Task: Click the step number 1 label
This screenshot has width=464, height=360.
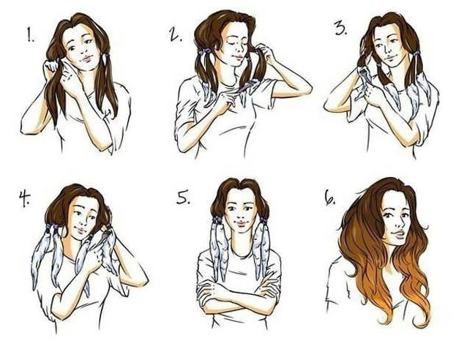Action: [31, 36]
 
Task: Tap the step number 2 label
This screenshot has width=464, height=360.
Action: [175, 35]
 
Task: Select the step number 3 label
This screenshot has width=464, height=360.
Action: [340, 29]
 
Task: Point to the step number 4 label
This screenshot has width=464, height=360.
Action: [24, 198]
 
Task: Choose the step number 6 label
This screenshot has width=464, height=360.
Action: [330, 198]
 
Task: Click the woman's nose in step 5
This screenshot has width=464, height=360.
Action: [240, 215]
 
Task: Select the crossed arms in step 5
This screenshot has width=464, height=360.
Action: [239, 291]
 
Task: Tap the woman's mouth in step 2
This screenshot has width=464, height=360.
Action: [237, 57]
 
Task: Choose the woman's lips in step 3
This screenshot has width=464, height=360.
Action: [390, 57]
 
